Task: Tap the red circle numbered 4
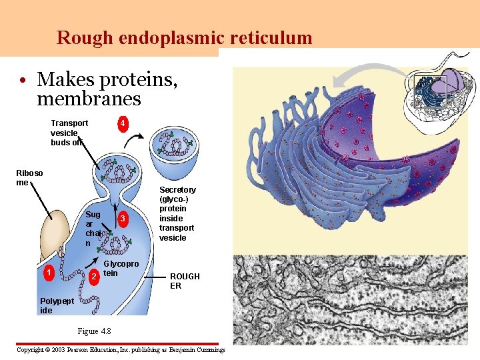[x=123, y=123]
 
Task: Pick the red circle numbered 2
[x=95, y=276]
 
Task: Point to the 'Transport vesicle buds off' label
[x=69, y=133]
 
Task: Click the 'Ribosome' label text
[x=29, y=177]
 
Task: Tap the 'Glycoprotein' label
[x=121, y=268]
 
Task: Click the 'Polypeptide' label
[x=56, y=305]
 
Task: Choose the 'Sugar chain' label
[x=93, y=229]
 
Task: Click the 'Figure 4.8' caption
[x=94, y=331]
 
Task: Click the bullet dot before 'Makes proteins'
[x=23, y=81]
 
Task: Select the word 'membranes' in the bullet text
[x=89, y=99]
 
